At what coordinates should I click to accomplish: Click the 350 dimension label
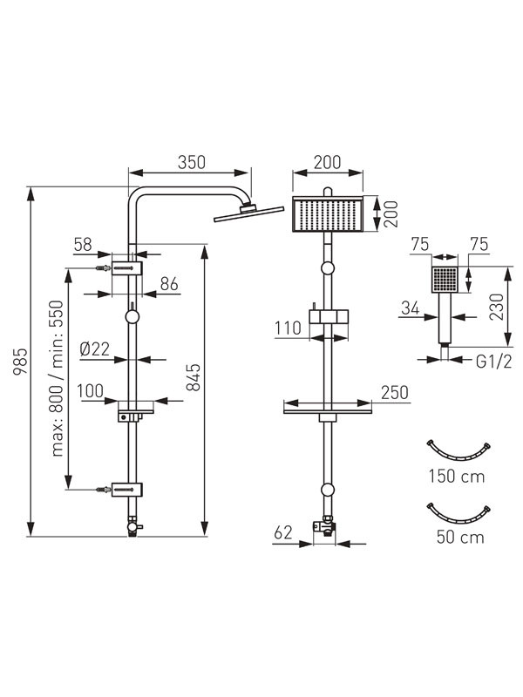[x=191, y=161]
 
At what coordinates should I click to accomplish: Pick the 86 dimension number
[x=169, y=283]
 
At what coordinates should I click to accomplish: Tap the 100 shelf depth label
[x=91, y=390]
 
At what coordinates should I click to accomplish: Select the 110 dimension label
[x=289, y=328]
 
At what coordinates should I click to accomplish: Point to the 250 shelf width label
[x=394, y=392]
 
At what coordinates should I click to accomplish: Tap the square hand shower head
[x=445, y=280]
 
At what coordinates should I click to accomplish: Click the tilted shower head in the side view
[x=248, y=212]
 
